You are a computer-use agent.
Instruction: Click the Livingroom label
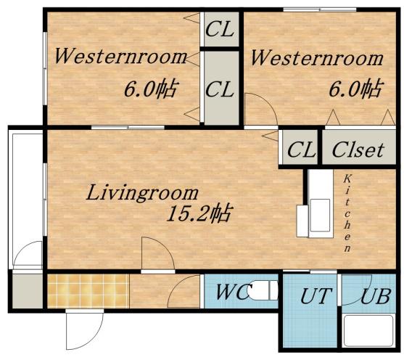(142, 192)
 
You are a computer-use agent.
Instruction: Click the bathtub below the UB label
(368, 331)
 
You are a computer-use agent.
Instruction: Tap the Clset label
(358, 150)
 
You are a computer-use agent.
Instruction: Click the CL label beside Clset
(301, 150)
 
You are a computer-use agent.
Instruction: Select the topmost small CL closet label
(220, 29)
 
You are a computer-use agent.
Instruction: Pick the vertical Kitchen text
(347, 213)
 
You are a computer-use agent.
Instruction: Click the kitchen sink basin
(320, 215)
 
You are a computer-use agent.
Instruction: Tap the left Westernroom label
(120, 57)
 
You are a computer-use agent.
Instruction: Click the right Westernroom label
(317, 58)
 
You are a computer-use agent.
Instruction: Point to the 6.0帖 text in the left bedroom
(152, 89)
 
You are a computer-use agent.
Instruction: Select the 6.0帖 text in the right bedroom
(356, 89)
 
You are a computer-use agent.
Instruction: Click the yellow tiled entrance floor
(88, 291)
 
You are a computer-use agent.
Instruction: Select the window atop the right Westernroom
(320, 9)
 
